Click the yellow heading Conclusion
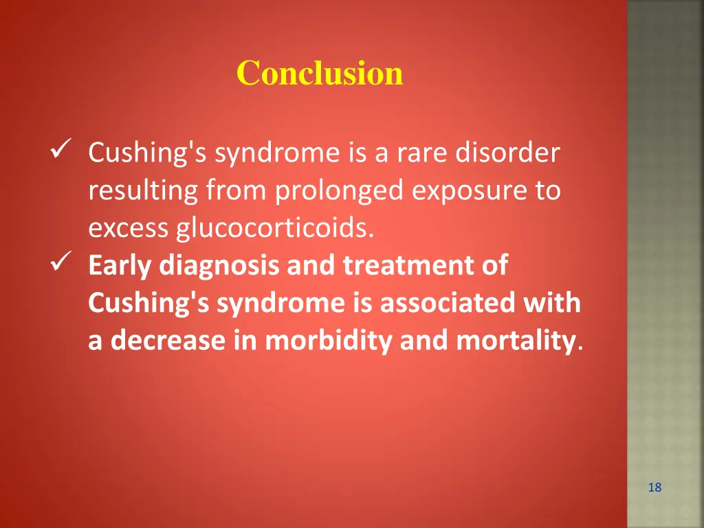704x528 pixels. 320,73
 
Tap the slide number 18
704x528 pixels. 654,487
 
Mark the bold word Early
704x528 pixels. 121,266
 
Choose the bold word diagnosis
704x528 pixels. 221,266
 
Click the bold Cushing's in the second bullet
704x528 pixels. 149,303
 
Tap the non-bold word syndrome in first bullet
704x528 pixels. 275,153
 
